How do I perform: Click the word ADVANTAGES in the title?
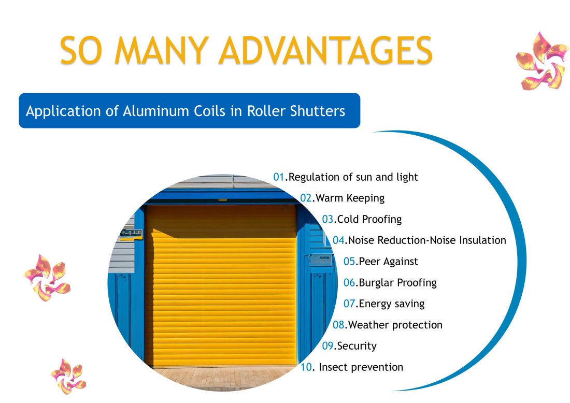[x=326, y=50]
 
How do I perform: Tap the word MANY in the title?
[x=161, y=50]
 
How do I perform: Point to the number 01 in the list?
[x=279, y=177]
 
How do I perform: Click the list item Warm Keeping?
[x=350, y=198]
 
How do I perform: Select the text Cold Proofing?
[x=369, y=219]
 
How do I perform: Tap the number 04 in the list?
[x=338, y=240]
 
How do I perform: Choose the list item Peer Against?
[x=388, y=262]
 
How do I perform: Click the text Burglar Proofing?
[x=397, y=283]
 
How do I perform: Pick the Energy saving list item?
[x=392, y=304]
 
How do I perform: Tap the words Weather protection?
[x=395, y=325]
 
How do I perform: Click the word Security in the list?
[x=357, y=346]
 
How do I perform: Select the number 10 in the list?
[x=306, y=367]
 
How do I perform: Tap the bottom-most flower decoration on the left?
[x=68, y=377]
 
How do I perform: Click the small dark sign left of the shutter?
[x=131, y=233]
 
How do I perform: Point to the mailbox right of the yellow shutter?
[x=320, y=260]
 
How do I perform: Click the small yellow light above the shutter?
[x=222, y=200]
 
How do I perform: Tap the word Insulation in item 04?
[x=483, y=240]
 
